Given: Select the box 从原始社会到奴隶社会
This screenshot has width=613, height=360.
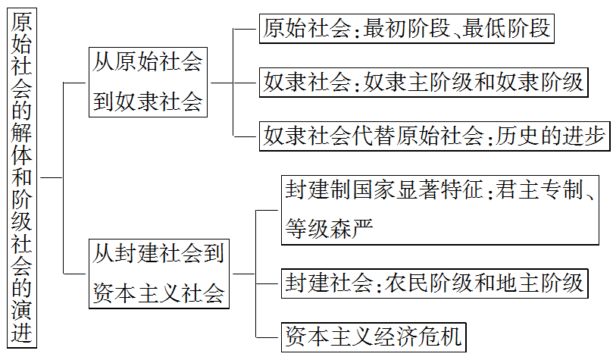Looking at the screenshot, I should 148,82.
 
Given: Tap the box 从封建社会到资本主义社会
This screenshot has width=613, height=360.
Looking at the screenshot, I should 159,273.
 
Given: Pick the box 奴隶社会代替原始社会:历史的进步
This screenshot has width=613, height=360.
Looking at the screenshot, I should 434,136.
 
